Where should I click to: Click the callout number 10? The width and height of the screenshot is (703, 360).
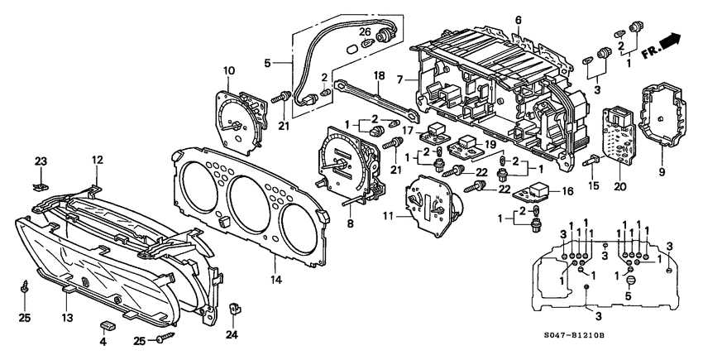pos(229,70)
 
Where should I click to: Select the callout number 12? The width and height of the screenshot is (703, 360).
pos(97,160)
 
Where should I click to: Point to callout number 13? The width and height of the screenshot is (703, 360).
pos(65,316)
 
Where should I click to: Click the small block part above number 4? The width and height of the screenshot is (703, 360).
pos(107,324)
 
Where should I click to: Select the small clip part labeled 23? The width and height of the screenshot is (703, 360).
pos(41,175)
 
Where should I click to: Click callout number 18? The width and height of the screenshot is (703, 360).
pos(378,75)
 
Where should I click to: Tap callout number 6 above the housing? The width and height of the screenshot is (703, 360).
pos(519,20)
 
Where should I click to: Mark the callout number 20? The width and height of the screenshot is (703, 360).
pos(621,187)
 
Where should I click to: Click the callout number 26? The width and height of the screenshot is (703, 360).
pos(365,32)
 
